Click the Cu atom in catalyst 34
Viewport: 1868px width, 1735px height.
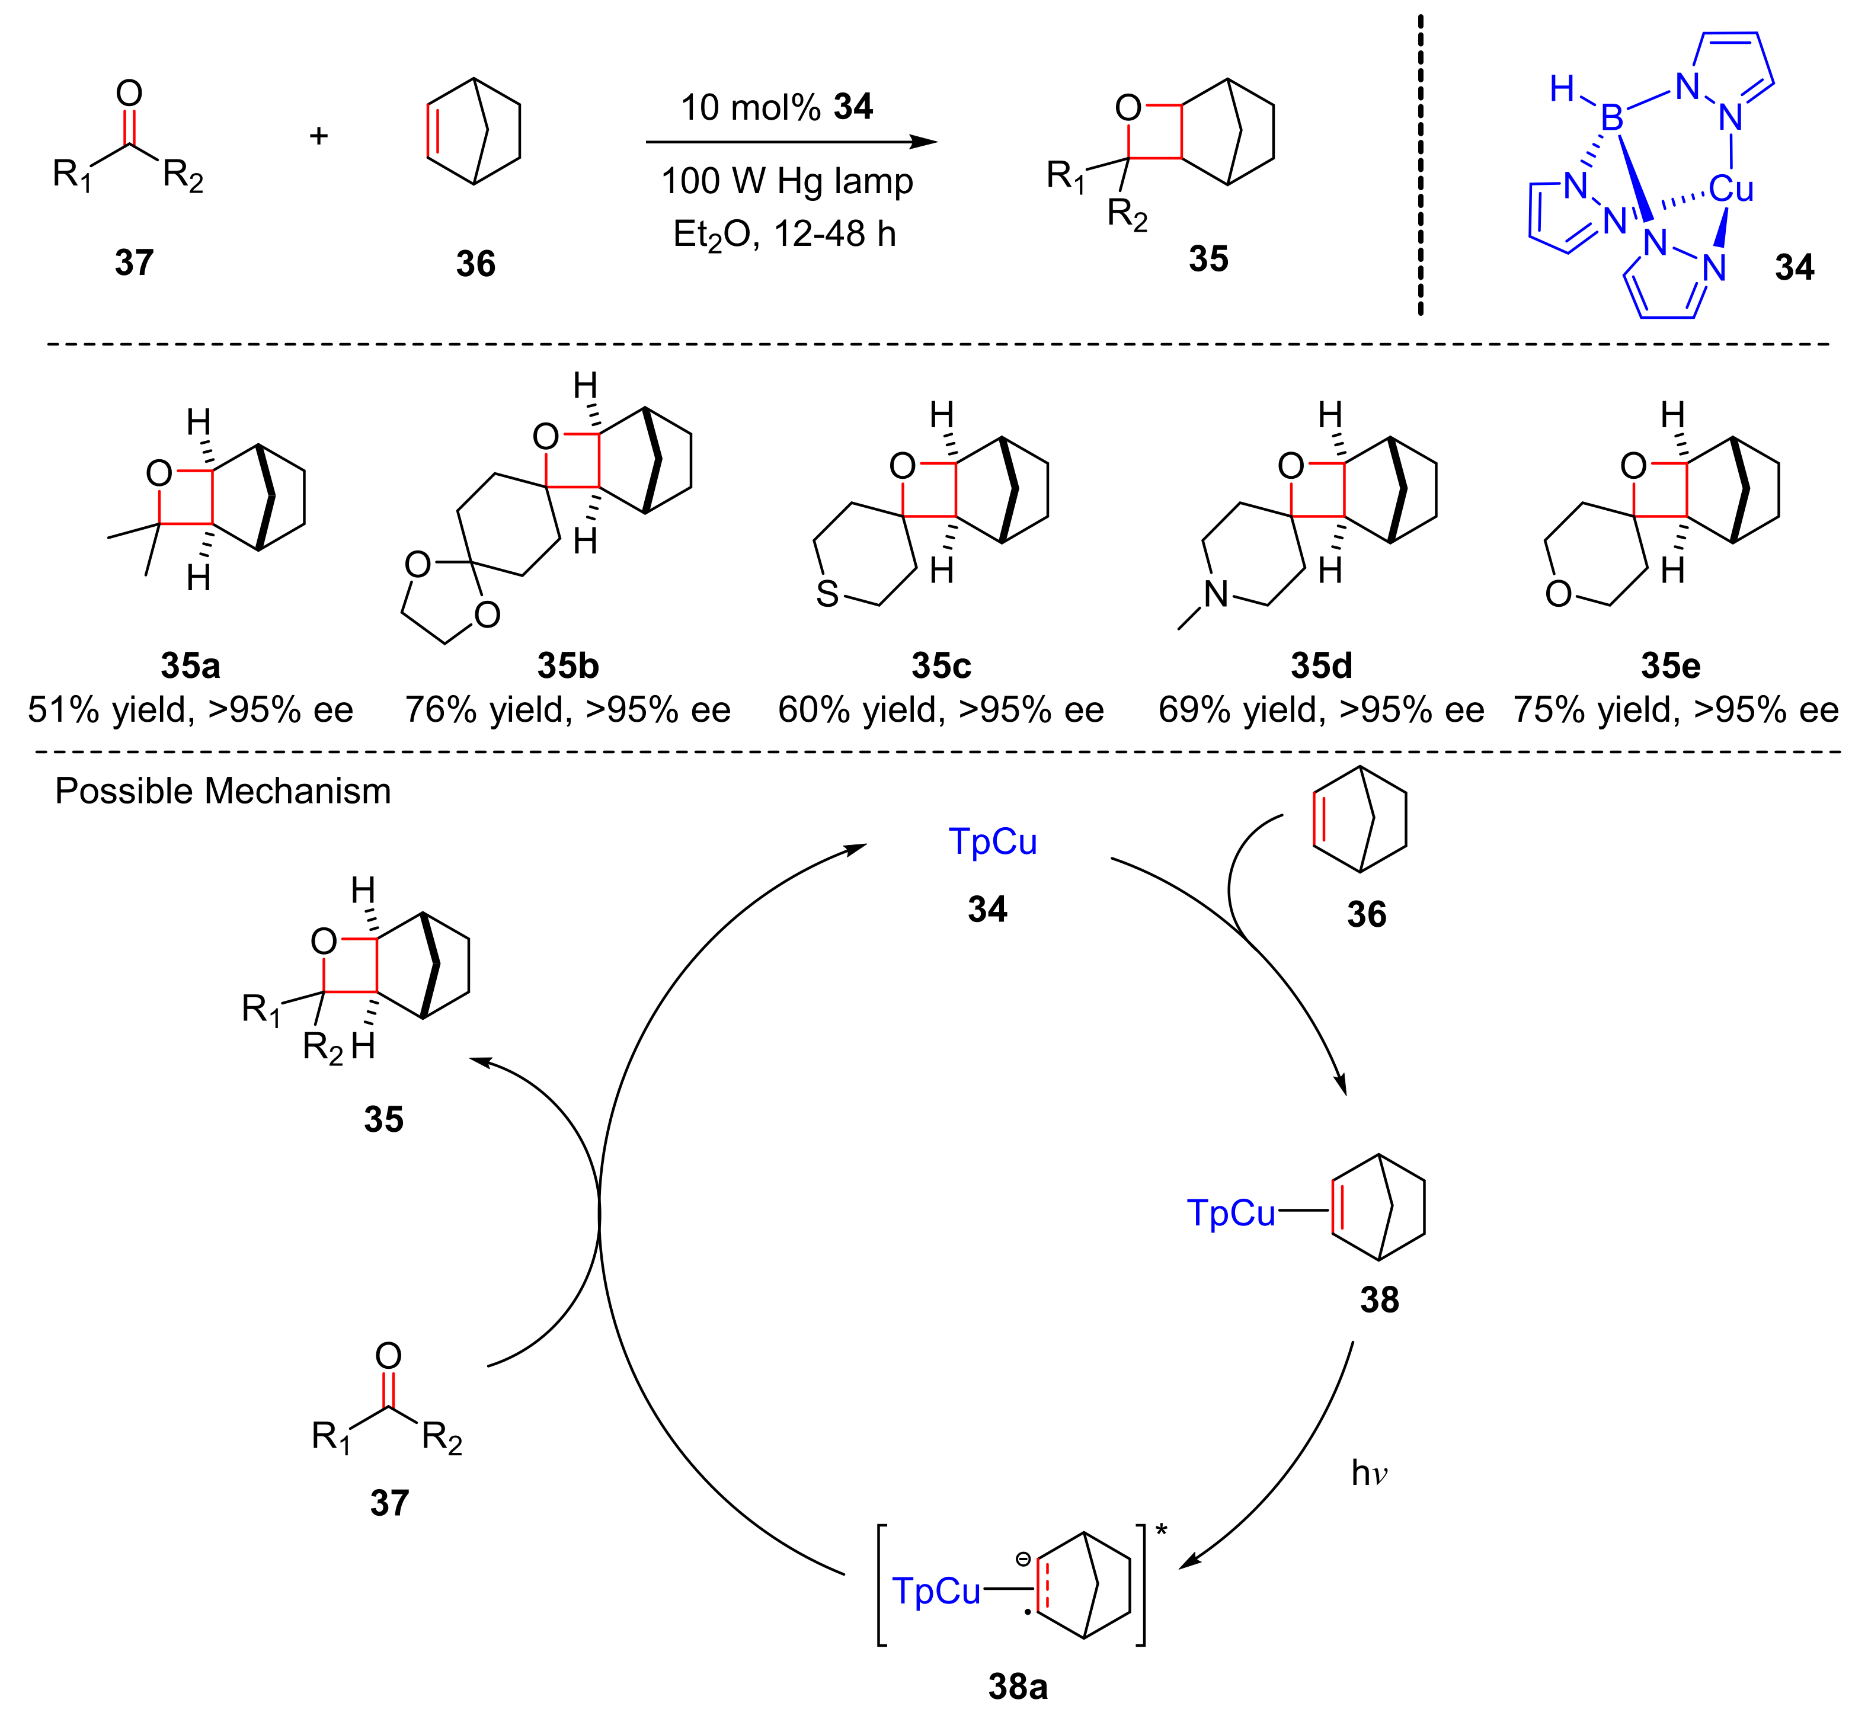pos(1730,190)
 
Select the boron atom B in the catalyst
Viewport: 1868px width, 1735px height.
pos(1611,119)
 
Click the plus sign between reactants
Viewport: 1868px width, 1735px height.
pos(318,136)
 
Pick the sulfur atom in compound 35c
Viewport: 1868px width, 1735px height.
pos(827,593)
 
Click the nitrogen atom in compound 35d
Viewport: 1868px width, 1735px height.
pos(1216,593)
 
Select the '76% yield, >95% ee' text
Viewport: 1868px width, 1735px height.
pos(567,710)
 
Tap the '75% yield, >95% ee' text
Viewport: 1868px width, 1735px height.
pos(1675,710)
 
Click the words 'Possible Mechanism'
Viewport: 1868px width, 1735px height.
pos(223,792)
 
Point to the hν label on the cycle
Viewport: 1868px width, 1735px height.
pos(1368,1474)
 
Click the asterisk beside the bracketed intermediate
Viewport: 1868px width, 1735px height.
pos(1162,1531)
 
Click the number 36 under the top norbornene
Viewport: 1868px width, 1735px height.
pos(475,264)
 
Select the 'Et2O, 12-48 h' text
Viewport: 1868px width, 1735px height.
pos(784,234)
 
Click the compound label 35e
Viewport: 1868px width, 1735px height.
pos(1670,665)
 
